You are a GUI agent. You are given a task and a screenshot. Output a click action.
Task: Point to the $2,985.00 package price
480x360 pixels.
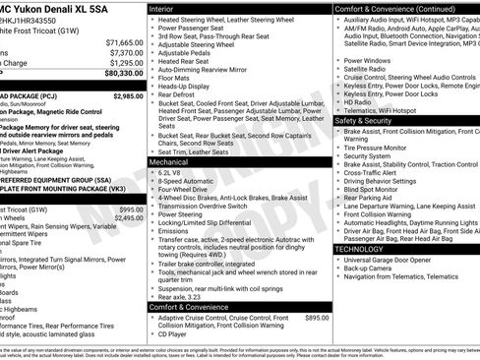(128, 96)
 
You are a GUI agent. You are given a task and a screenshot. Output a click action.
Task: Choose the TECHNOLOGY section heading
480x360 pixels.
(366, 249)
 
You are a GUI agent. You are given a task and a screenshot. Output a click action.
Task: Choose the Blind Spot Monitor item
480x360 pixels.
(375, 189)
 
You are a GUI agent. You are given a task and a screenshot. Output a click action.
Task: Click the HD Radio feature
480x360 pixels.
(358, 101)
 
